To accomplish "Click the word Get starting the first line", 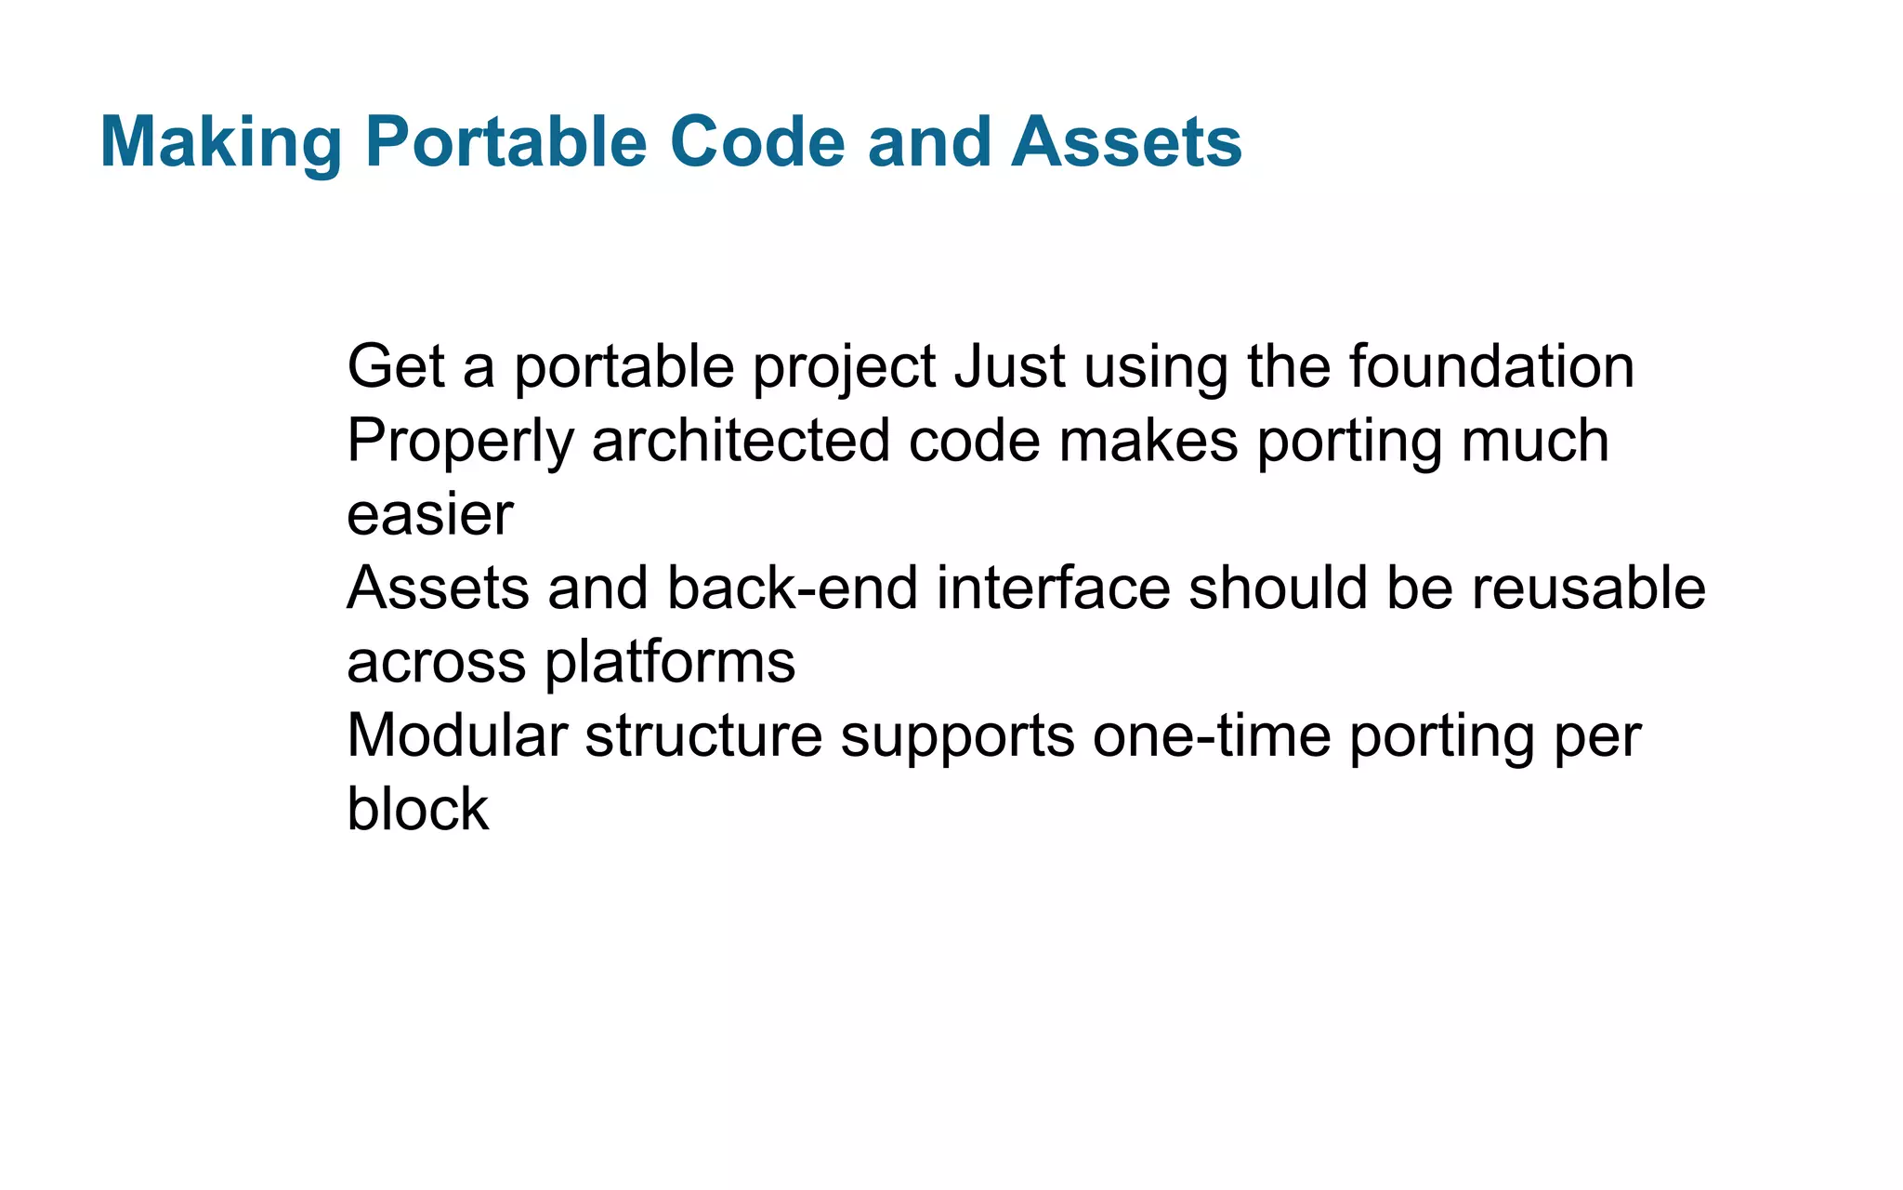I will click(396, 366).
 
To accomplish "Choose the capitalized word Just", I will click(1009, 366).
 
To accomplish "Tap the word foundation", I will click(1491, 366).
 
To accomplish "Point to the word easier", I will click(429, 515).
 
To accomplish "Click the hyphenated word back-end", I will click(792, 588).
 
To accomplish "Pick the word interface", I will click(1053, 588).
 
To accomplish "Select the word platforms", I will click(669, 663).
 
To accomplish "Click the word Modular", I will click(456, 735).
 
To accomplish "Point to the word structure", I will click(703, 735).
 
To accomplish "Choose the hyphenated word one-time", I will click(1212, 735).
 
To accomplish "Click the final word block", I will click(417, 809).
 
